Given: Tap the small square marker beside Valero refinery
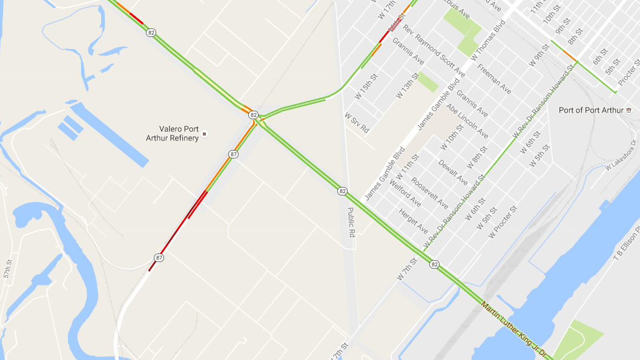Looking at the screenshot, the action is click(205, 133).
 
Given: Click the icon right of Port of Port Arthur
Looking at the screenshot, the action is click(629, 110).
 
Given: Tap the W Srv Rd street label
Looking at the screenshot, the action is click(357, 122).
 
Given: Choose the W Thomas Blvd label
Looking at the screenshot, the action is click(487, 39).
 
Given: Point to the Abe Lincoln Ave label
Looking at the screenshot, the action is click(467, 121).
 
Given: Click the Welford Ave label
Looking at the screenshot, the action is click(404, 193).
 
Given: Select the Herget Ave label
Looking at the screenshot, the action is click(414, 221).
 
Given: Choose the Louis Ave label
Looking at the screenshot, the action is click(457, 8).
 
